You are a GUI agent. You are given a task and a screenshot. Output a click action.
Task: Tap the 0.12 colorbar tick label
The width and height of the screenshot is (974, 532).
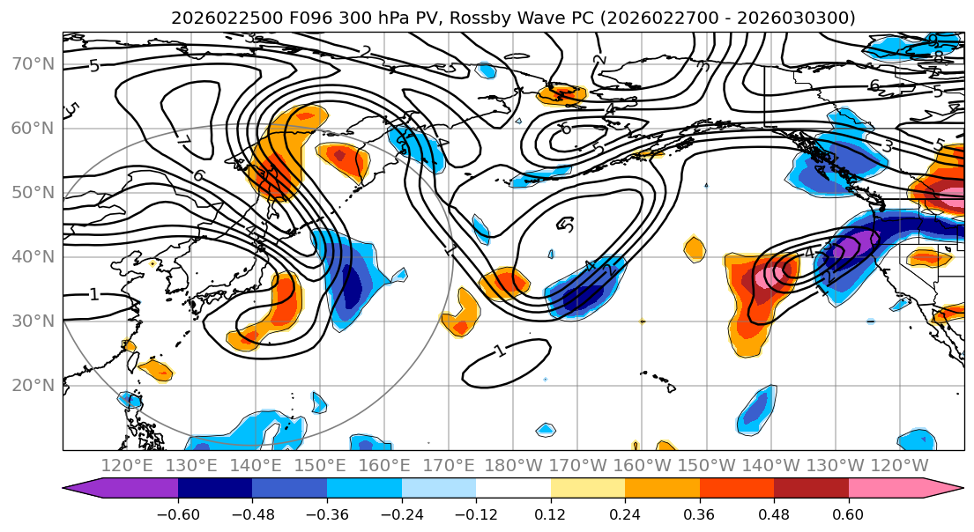click(551, 514)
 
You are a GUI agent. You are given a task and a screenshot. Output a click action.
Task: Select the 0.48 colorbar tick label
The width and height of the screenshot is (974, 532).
click(774, 514)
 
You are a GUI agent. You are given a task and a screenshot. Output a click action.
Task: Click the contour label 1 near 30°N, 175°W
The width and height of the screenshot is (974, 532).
click(500, 351)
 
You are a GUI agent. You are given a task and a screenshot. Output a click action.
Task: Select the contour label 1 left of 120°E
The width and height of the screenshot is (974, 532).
click(94, 294)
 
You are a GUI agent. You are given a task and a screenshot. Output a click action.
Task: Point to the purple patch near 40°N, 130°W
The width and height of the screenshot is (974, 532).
click(848, 246)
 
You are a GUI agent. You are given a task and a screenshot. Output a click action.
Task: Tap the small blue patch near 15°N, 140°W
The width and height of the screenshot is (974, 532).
click(755, 410)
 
